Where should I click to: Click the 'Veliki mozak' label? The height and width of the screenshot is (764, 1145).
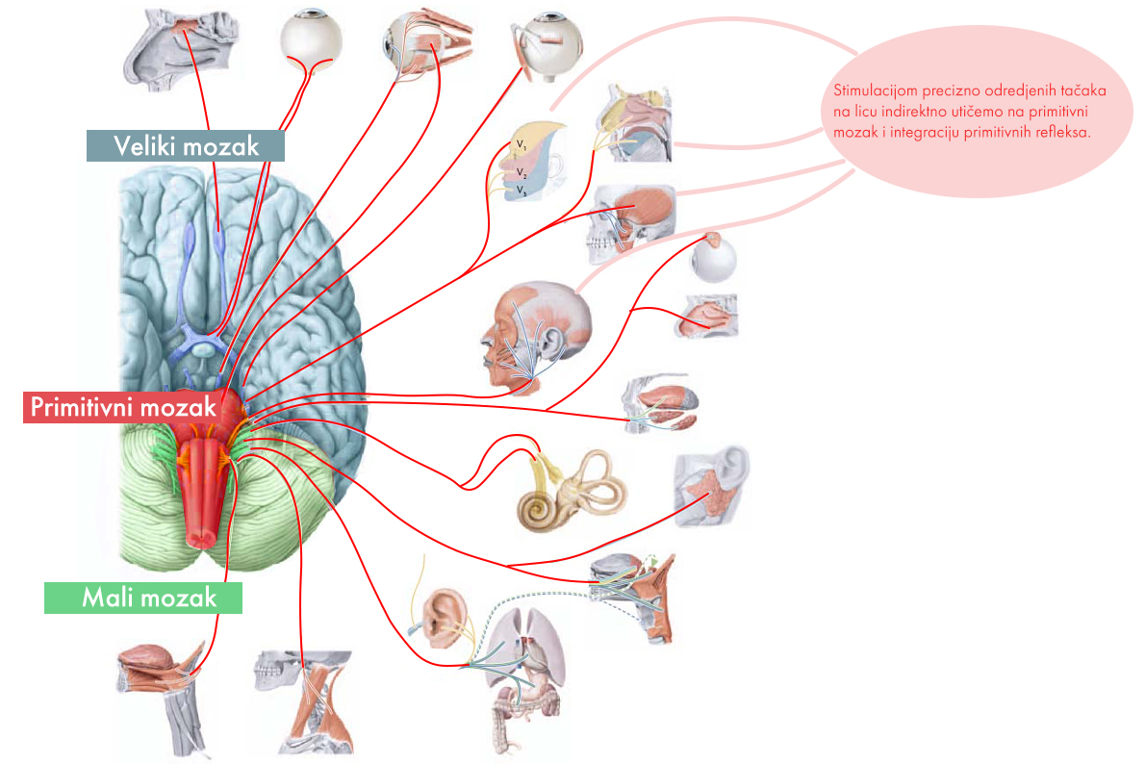coord(187,146)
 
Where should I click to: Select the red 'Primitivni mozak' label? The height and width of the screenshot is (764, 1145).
coord(122,407)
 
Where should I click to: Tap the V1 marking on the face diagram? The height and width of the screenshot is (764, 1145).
coord(521,145)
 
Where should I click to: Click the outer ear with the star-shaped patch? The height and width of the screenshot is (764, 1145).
coord(713,488)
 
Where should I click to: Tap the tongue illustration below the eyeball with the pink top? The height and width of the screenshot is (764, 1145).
coord(707,316)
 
